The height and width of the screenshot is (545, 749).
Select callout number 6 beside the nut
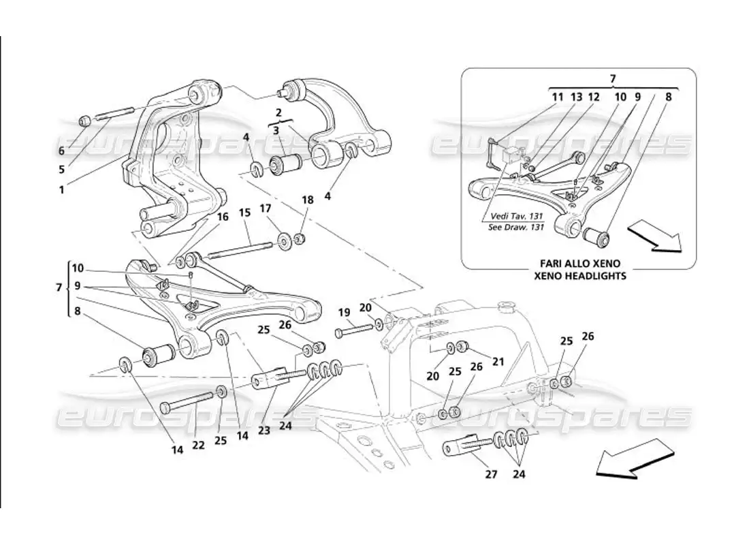tap(62, 151)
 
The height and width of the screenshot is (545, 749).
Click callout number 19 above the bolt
tap(345, 313)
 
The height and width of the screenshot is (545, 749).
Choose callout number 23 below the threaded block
tap(264, 431)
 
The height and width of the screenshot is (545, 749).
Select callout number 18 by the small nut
tap(307, 200)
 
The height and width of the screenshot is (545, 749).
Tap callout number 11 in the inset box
tap(558, 97)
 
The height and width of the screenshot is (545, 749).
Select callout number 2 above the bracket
tap(278, 111)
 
